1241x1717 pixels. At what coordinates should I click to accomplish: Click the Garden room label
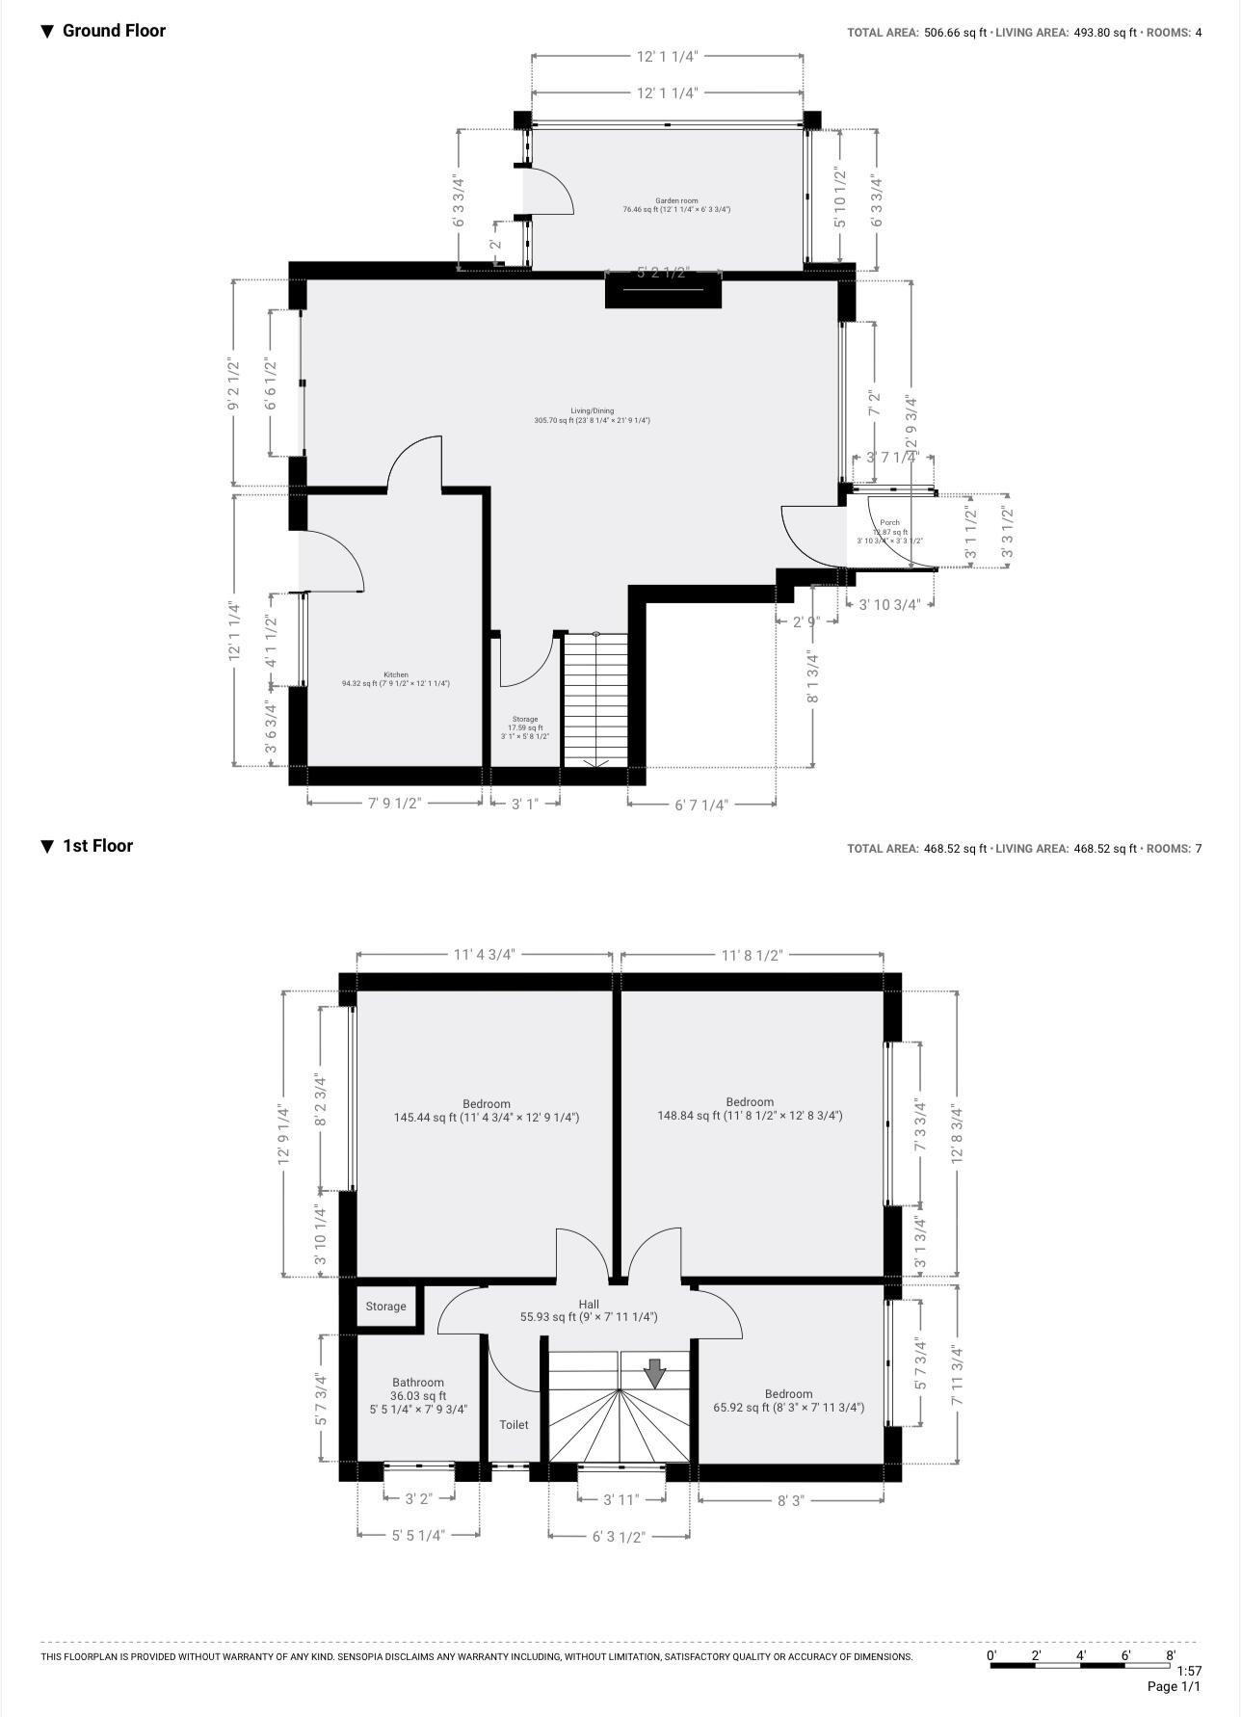pyautogui.click(x=675, y=201)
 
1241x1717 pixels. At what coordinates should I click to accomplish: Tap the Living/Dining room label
pyautogui.click(x=592, y=411)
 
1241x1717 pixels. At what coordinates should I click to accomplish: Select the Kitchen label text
pyautogui.click(x=395, y=675)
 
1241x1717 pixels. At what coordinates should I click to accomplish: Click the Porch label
pyautogui.click(x=889, y=523)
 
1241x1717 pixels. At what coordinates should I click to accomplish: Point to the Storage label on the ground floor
pyautogui.click(x=524, y=720)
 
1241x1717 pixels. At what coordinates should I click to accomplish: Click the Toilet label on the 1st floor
pyautogui.click(x=514, y=1424)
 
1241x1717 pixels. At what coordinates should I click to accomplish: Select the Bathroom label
pyautogui.click(x=417, y=1383)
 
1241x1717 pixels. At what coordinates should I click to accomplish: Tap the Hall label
pyautogui.click(x=589, y=1305)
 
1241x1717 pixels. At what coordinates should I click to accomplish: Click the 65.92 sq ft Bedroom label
pyautogui.click(x=788, y=1394)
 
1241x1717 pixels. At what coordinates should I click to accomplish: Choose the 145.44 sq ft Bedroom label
pyautogui.click(x=486, y=1104)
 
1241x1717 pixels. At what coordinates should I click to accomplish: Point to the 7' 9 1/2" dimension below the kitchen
pyautogui.click(x=394, y=804)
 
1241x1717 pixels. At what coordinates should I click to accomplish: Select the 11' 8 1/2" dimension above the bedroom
pyautogui.click(x=752, y=956)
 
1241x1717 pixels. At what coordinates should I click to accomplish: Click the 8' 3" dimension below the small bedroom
pyautogui.click(x=790, y=1500)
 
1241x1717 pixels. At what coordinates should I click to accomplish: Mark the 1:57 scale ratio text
pyautogui.click(x=1189, y=1671)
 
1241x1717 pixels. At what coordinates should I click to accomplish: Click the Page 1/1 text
pyautogui.click(x=1174, y=1687)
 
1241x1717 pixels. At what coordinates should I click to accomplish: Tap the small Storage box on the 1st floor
pyautogui.click(x=385, y=1307)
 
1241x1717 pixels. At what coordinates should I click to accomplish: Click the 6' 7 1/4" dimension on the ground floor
pyautogui.click(x=700, y=805)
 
